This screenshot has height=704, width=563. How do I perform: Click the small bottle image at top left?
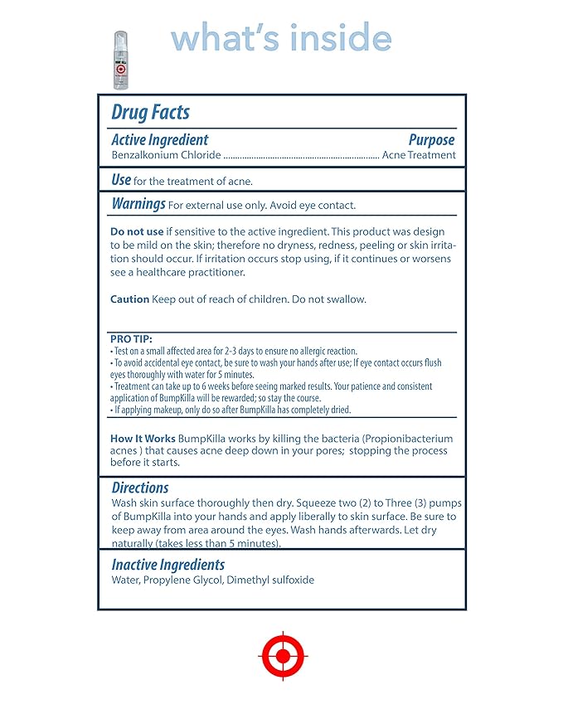[122, 60]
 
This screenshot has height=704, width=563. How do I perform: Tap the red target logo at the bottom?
[283, 656]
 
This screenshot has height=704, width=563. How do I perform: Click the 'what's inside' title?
[281, 38]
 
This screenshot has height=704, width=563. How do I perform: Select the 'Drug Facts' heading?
[150, 112]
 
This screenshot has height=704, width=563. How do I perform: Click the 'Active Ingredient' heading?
[160, 140]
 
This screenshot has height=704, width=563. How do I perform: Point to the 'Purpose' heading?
[431, 140]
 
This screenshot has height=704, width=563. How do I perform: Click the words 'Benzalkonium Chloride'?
[166, 155]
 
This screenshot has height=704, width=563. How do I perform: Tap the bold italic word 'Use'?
[121, 179]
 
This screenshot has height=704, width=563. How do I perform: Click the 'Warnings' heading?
[138, 203]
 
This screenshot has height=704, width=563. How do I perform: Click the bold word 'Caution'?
[130, 299]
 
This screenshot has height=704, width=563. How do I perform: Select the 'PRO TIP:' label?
[131, 339]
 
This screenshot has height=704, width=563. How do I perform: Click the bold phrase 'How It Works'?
[143, 438]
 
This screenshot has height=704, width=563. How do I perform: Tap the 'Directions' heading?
[140, 488]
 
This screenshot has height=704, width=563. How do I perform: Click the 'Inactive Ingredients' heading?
[168, 565]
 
